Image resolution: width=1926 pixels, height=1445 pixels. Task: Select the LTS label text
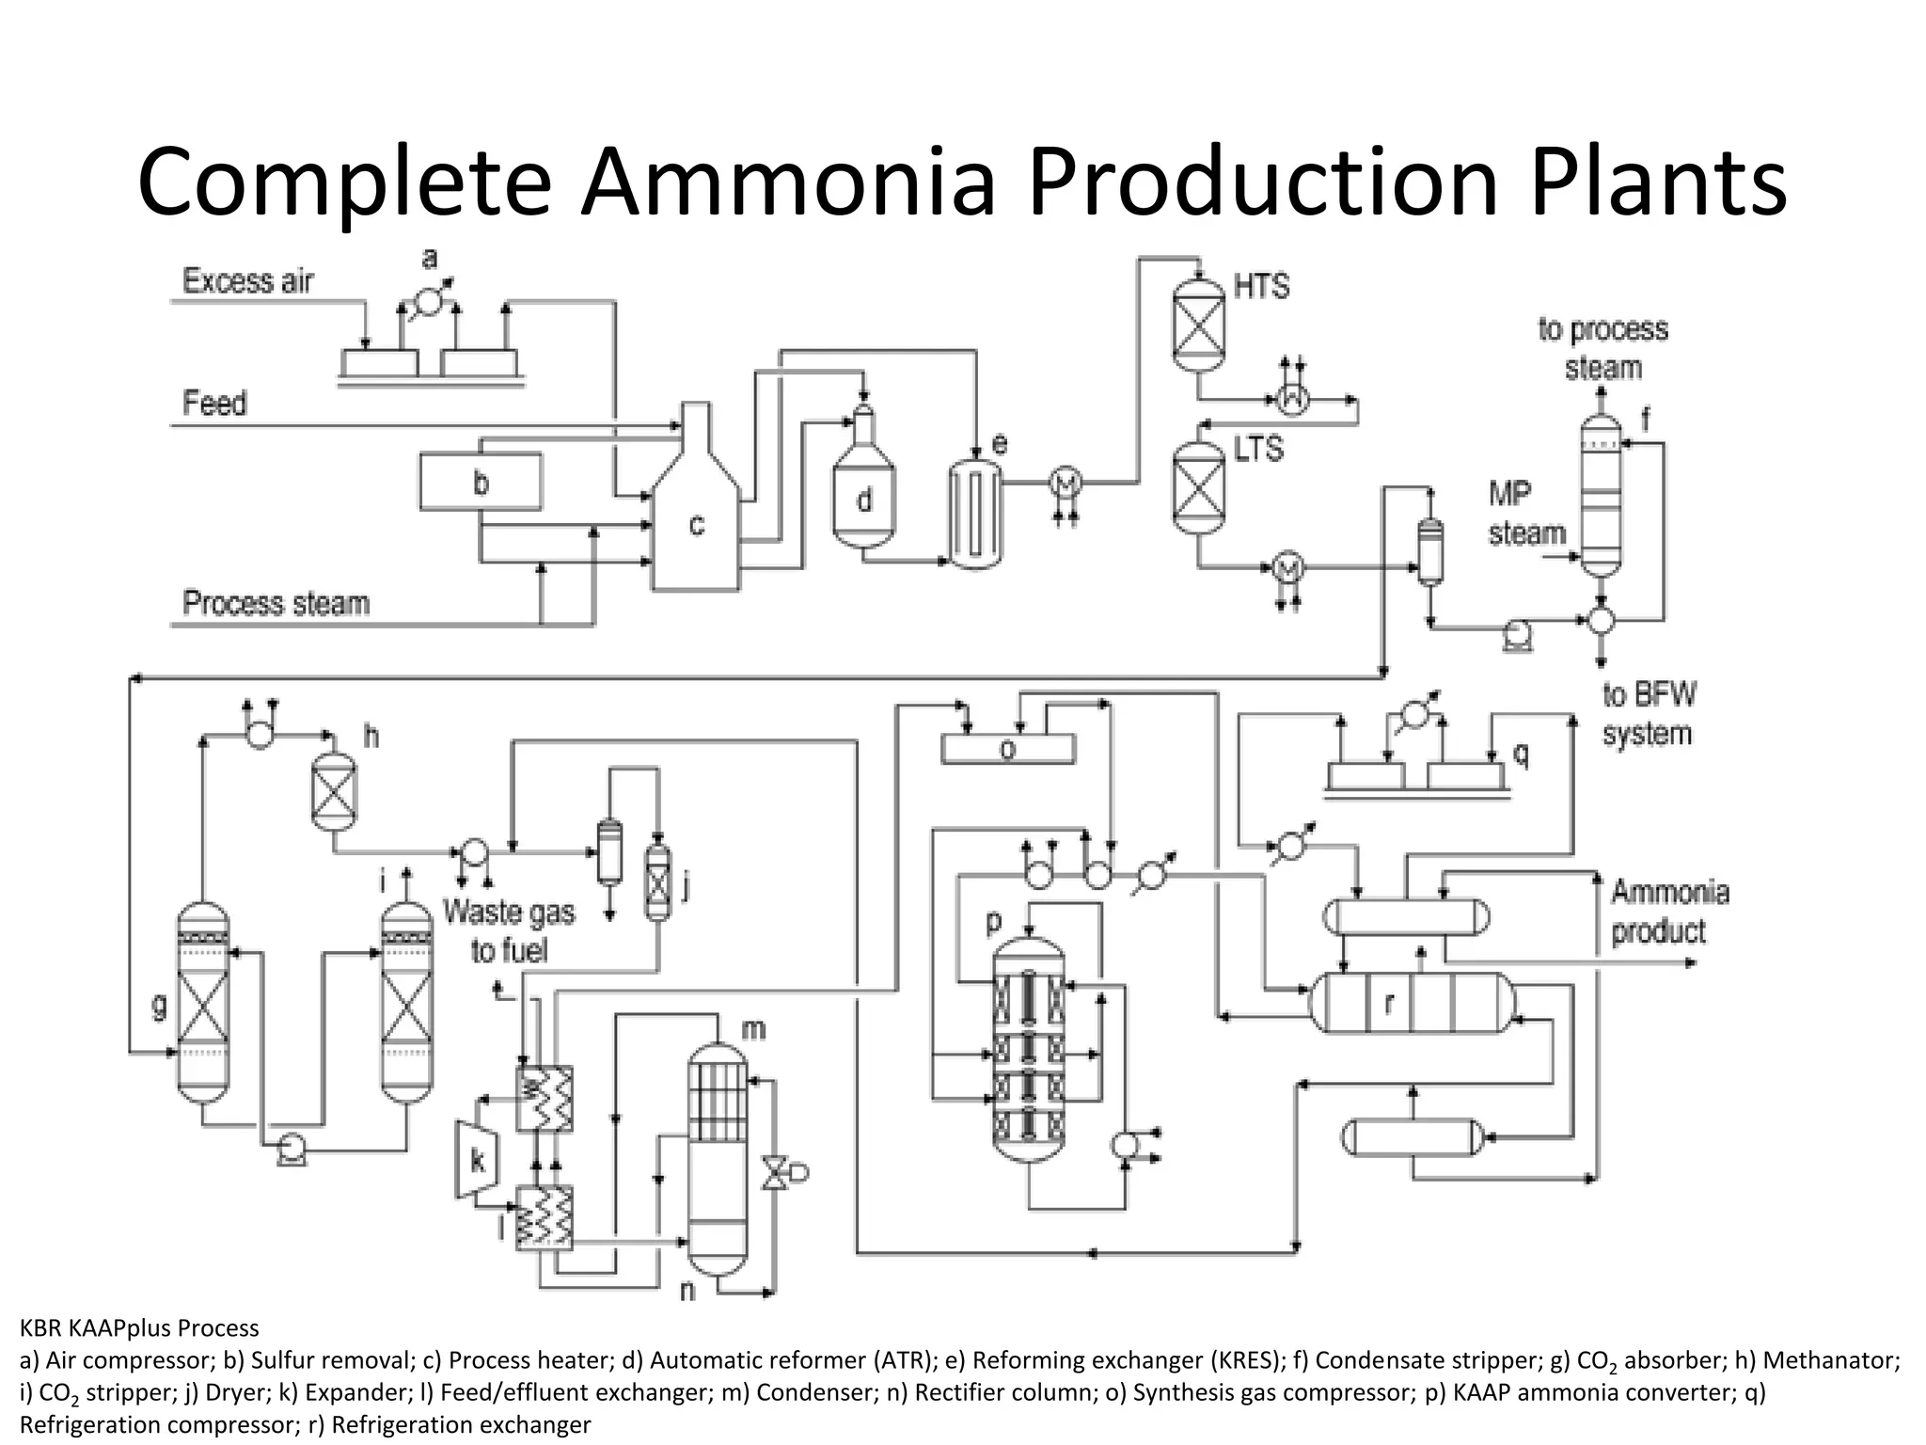tap(1258, 450)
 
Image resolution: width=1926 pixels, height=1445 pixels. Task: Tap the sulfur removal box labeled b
tap(481, 482)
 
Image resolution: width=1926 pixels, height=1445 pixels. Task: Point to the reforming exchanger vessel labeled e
tap(974, 515)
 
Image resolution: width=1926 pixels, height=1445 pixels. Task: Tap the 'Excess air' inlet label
tap(247, 281)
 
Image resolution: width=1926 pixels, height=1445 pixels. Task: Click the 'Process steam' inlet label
tap(276, 603)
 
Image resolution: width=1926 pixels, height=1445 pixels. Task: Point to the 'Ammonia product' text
tap(1669, 912)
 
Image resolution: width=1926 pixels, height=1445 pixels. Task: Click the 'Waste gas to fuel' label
tap(509, 930)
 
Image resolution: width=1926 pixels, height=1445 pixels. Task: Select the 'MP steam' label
tap(1525, 514)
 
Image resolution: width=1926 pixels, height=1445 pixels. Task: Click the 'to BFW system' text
tap(1649, 714)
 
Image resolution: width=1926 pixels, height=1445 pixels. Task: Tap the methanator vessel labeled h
tap(334, 792)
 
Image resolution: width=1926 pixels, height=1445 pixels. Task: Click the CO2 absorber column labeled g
tap(202, 1002)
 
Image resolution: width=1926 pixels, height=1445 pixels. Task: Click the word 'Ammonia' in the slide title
tap(788, 182)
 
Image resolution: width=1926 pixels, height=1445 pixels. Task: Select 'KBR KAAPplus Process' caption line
tap(139, 1328)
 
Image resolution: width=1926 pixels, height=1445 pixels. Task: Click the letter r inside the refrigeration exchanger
tap(1389, 1004)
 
